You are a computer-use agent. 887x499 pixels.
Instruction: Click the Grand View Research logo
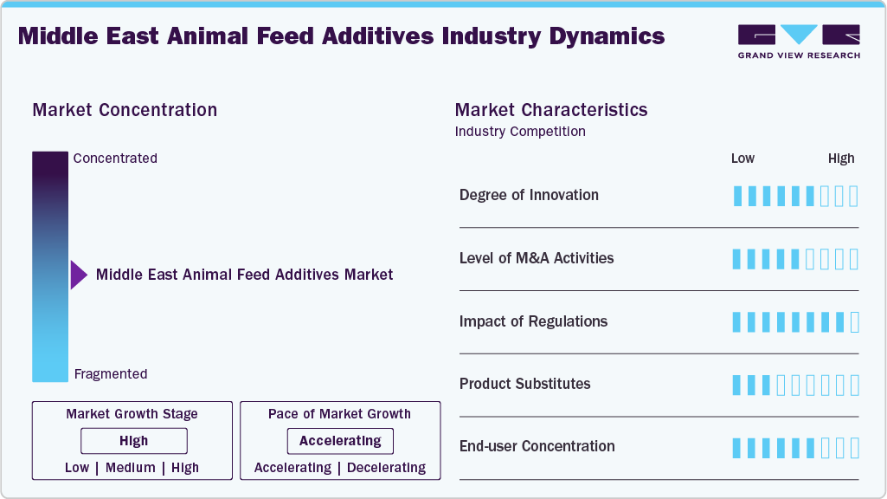pyautogui.click(x=798, y=41)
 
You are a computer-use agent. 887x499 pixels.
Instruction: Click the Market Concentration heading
pyautogui.click(x=125, y=110)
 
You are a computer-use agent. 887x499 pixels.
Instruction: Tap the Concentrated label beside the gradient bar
pyautogui.click(x=115, y=159)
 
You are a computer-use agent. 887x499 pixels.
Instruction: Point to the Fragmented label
pyautogui.click(x=111, y=374)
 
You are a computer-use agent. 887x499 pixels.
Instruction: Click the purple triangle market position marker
pyautogui.click(x=78, y=275)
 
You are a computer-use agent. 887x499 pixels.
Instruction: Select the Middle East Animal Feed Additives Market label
pyautogui.click(x=244, y=275)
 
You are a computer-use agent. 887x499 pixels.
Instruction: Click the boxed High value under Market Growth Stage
pyautogui.click(x=134, y=441)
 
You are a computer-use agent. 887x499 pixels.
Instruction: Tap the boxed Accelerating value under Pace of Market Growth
pyautogui.click(x=340, y=441)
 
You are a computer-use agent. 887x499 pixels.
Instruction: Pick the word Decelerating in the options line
pyautogui.click(x=386, y=468)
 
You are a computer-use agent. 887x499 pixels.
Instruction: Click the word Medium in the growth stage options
pyautogui.click(x=131, y=468)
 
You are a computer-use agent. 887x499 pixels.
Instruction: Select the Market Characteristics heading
pyautogui.click(x=550, y=110)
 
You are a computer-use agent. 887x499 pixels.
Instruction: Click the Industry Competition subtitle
pyautogui.click(x=520, y=132)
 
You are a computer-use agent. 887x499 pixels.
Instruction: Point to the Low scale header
pyautogui.click(x=742, y=159)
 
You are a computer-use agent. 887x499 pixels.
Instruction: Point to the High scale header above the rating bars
pyautogui.click(x=840, y=159)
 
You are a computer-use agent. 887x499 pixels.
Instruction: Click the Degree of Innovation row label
pyautogui.click(x=529, y=195)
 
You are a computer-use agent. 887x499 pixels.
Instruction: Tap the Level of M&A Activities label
pyautogui.click(x=537, y=258)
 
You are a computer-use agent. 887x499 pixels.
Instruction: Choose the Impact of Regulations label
pyautogui.click(x=533, y=321)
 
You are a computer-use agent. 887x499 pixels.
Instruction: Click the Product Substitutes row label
pyautogui.click(x=524, y=384)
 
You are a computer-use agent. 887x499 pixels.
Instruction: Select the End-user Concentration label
pyautogui.click(x=537, y=446)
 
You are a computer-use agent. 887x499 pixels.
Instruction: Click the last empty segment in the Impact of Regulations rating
pyautogui.click(x=854, y=322)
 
